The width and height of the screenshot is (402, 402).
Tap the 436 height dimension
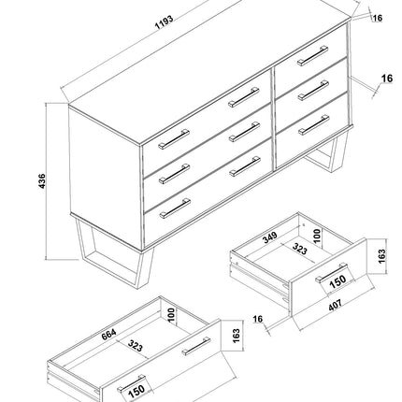coord(40,181)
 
